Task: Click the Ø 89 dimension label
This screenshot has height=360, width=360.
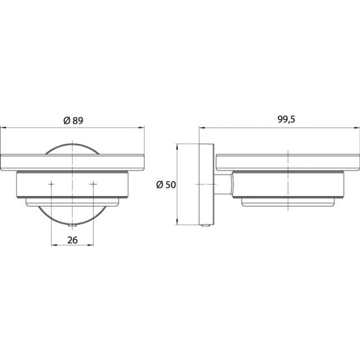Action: point(73,121)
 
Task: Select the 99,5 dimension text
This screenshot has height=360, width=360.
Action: point(286,120)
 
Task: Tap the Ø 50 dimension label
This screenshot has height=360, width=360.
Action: point(166,185)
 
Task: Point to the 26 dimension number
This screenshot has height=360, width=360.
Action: point(73,240)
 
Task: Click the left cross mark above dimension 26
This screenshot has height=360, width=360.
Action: point(51,184)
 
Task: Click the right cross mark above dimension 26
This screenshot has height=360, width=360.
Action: point(93,184)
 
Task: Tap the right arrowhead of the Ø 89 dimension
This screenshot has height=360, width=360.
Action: point(141,128)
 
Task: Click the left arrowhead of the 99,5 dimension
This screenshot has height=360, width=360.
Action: point(202,128)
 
